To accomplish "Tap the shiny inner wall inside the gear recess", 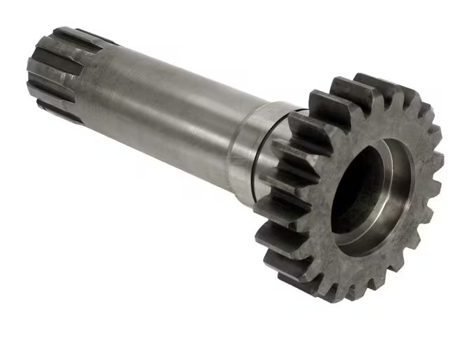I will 392,210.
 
